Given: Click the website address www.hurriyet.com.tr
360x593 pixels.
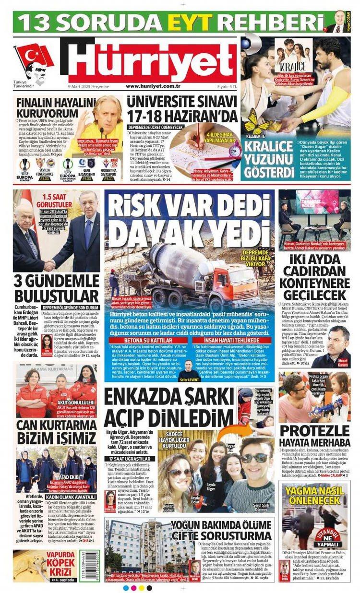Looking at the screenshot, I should [x=153, y=86].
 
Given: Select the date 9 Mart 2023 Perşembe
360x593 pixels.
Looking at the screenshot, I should [x=89, y=86].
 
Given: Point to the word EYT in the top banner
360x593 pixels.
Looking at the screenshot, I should [x=200, y=22].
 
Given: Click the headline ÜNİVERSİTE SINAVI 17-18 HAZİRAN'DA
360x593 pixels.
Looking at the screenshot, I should [x=182, y=109].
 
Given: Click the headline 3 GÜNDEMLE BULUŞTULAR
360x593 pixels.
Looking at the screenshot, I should [x=57, y=287].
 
